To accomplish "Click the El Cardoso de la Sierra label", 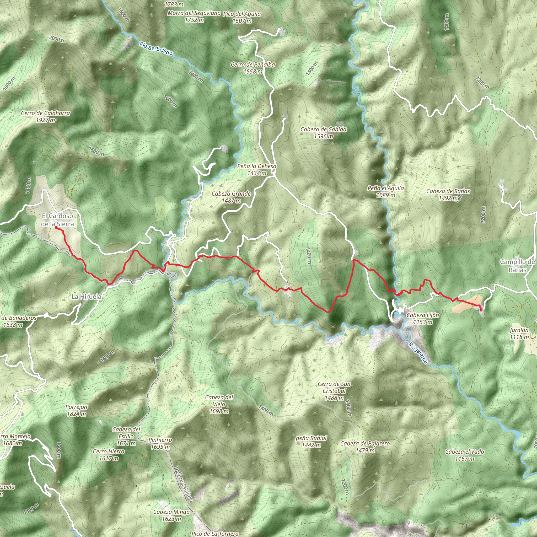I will click(x=57, y=219).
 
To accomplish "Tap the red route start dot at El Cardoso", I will click(x=56, y=227).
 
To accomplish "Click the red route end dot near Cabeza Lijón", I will click(x=481, y=309).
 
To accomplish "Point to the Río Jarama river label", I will click(x=418, y=353).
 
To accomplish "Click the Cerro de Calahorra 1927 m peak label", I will click(x=46, y=116).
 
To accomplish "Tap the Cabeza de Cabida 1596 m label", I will click(x=324, y=133).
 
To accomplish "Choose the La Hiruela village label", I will click(x=87, y=297).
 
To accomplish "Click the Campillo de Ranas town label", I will click(x=517, y=266).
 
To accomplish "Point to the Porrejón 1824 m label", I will click(x=77, y=410).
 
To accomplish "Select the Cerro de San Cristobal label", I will click(x=334, y=391).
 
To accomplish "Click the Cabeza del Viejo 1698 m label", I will click(x=219, y=404).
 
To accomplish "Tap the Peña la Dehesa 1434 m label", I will click(x=257, y=169).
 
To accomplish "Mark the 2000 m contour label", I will click(x=57, y=39).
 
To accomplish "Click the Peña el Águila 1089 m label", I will click(x=385, y=191).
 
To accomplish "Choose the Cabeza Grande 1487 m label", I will click(x=231, y=197).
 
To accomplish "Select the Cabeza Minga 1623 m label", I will click(x=171, y=515).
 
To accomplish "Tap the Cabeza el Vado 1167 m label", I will click(x=464, y=455).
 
